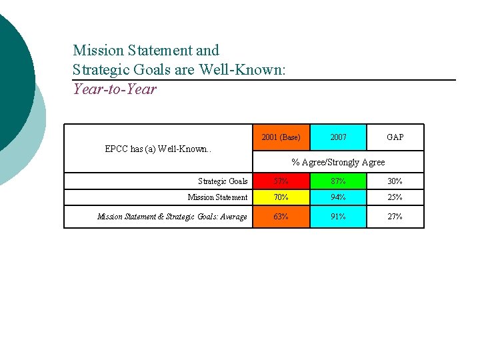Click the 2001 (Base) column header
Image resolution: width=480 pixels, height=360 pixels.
point(281,137)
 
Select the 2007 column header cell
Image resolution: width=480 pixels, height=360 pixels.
point(338,137)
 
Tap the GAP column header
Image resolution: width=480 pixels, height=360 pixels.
point(395,137)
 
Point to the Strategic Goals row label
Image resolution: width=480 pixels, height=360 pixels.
point(223,181)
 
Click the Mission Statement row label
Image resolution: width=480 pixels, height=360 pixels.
point(217,197)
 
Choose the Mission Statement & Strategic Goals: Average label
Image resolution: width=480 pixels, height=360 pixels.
point(172,217)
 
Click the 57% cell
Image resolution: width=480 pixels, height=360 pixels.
point(281,181)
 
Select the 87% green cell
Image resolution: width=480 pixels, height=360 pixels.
point(338,181)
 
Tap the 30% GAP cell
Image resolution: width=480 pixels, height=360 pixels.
point(395,181)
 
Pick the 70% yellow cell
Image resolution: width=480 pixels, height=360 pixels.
point(281,197)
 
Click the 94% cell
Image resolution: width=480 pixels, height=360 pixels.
point(338,197)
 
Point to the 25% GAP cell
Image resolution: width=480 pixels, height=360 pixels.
point(395,197)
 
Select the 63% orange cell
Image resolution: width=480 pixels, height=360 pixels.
point(281,217)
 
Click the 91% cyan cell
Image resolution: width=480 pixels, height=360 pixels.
point(338,217)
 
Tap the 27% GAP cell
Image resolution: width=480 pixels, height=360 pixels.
point(395,217)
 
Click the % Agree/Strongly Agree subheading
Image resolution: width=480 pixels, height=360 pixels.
point(338,162)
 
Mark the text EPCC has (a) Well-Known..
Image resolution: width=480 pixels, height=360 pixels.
point(157,149)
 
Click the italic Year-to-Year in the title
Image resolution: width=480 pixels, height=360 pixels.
point(115,89)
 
